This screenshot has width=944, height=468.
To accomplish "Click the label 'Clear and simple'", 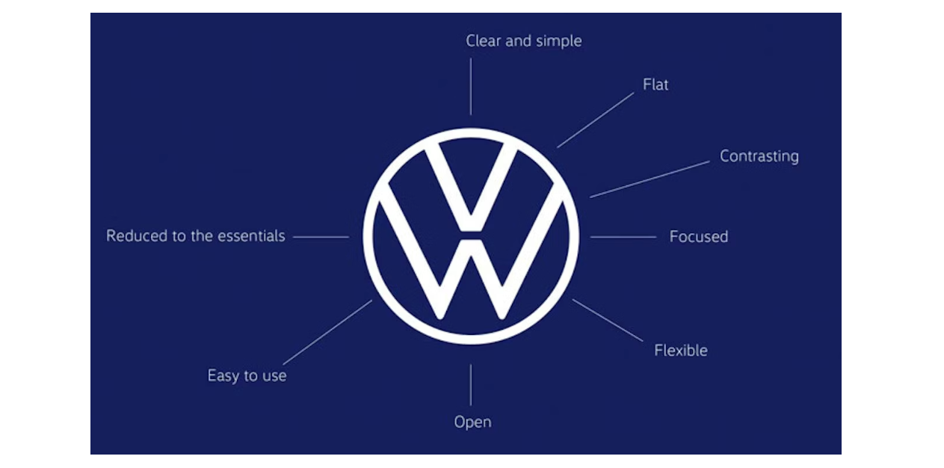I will tap(523, 41).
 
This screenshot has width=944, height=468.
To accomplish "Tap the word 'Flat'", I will tap(655, 84).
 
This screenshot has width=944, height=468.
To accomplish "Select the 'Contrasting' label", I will tap(759, 156).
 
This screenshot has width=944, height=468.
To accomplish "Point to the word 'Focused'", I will tap(698, 237).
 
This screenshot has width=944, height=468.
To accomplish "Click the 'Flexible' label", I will tap(680, 350).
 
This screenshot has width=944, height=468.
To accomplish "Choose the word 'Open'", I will tap(472, 422).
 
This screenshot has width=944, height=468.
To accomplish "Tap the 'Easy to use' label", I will tap(247, 375).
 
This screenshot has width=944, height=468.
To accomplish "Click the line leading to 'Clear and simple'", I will tap(470, 86).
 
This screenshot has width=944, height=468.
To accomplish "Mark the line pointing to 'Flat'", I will tap(595, 120).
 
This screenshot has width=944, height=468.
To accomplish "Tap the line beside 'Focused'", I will tap(623, 237).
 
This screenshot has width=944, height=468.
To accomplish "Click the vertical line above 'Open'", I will tap(470, 385).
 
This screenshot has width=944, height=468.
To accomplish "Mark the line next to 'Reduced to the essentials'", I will tap(321, 237).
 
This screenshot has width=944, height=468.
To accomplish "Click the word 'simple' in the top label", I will tap(558, 41).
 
